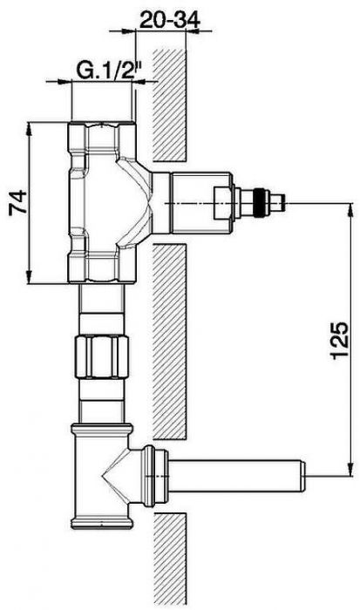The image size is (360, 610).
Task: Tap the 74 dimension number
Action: coord(14,204)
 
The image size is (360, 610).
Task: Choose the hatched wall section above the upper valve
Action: coord(168,105)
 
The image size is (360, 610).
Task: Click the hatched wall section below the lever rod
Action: coord(168,558)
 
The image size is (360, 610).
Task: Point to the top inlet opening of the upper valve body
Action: coord(101,127)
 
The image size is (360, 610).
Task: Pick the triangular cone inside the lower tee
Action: coord(117,475)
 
